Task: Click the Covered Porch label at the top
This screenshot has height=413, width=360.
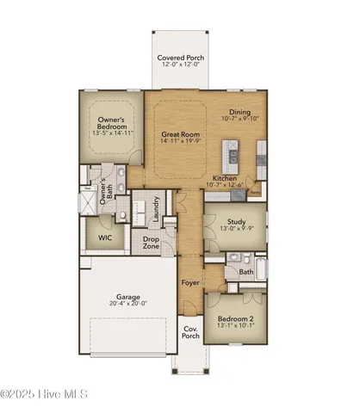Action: point(179,57)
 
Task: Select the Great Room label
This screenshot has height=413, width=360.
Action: point(179,134)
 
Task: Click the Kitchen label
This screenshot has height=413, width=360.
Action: point(227,178)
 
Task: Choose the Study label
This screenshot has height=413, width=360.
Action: point(237,219)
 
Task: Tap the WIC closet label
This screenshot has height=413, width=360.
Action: point(106,237)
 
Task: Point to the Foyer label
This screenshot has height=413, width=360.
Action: point(190,282)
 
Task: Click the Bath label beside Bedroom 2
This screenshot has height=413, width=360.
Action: point(246,272)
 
